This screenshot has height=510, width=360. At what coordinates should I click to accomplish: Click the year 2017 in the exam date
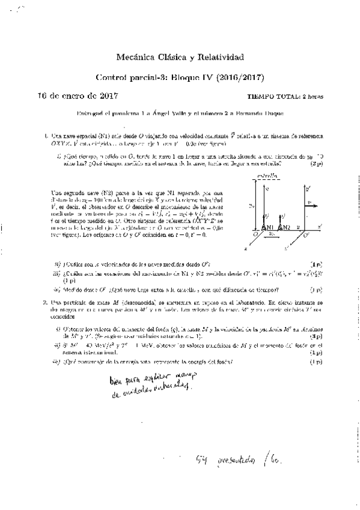(x=107, y=96)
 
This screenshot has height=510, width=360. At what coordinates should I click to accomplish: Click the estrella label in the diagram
(x=267, y=176)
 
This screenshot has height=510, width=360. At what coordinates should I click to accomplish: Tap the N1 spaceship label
(x=269, y=227)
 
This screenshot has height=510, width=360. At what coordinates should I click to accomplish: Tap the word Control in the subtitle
(x=112, y=78)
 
